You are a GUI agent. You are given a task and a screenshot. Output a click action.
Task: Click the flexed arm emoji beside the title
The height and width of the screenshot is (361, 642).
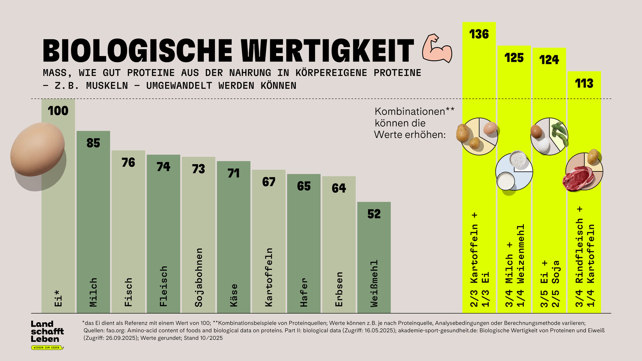pyautogui.click(x=437, y=48)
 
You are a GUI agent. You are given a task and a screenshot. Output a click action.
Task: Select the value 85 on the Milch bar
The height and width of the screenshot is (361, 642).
pyautogui.click(x=93, y=143)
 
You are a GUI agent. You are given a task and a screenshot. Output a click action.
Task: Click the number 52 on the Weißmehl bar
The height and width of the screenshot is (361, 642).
pyautogui.click(x=374, y=214)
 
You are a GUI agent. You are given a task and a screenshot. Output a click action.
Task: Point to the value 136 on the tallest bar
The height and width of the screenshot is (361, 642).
pyautogui.click(x=479, y=34)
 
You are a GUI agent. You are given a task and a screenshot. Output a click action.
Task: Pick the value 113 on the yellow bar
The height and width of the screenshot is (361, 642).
pyautogui.click(x=584, y=83)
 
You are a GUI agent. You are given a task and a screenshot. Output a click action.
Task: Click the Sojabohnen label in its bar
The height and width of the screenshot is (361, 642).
pyautogui.click(x=199, y=277)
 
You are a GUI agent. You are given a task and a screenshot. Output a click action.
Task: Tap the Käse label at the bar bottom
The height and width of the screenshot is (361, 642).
pyautogui.click(x=234, y=295)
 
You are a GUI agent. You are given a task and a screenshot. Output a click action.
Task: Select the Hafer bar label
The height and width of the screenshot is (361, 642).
pyautogui.click(x=304, y=292)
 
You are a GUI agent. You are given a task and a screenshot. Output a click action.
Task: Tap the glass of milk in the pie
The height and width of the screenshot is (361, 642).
pyautogui.click(x=505, y=180)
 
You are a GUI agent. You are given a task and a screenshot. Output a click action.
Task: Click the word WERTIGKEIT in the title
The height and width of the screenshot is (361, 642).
pyautogui.click(x=327, y=51)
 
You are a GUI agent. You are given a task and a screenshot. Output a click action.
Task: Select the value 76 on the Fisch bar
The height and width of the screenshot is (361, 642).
pyautogui.click(x=128, y=163)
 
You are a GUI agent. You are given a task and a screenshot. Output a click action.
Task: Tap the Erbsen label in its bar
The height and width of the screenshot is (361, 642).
pyautogui.click(x=339, y=289)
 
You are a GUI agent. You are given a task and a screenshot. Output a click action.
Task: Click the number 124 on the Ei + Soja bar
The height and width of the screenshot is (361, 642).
pyautogui.click(x=549, y=60)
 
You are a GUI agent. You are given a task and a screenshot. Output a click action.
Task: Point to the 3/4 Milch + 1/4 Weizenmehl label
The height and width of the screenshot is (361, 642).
pyautogui.click(x=514, y=265)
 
